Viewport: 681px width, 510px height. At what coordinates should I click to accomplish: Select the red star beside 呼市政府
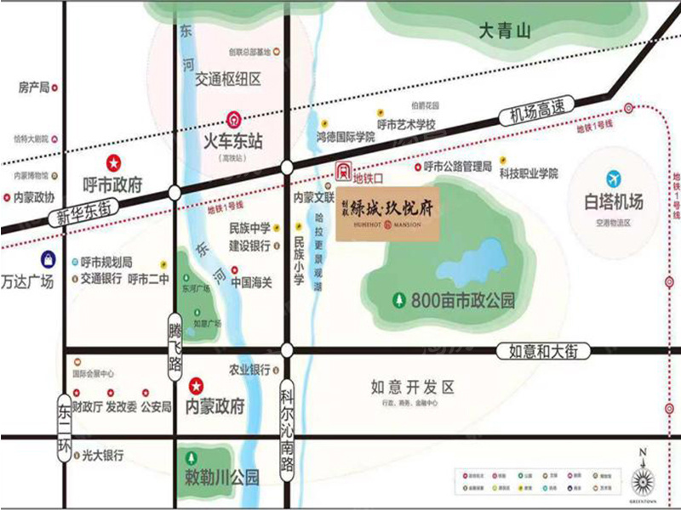[x=112, y=161]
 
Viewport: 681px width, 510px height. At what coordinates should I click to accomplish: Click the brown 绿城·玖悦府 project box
[x=387, y=215]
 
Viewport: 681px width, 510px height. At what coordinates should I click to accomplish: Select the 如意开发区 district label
[x=412, y=387]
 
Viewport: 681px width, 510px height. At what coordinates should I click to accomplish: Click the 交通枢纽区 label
[x=227, y=79]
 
